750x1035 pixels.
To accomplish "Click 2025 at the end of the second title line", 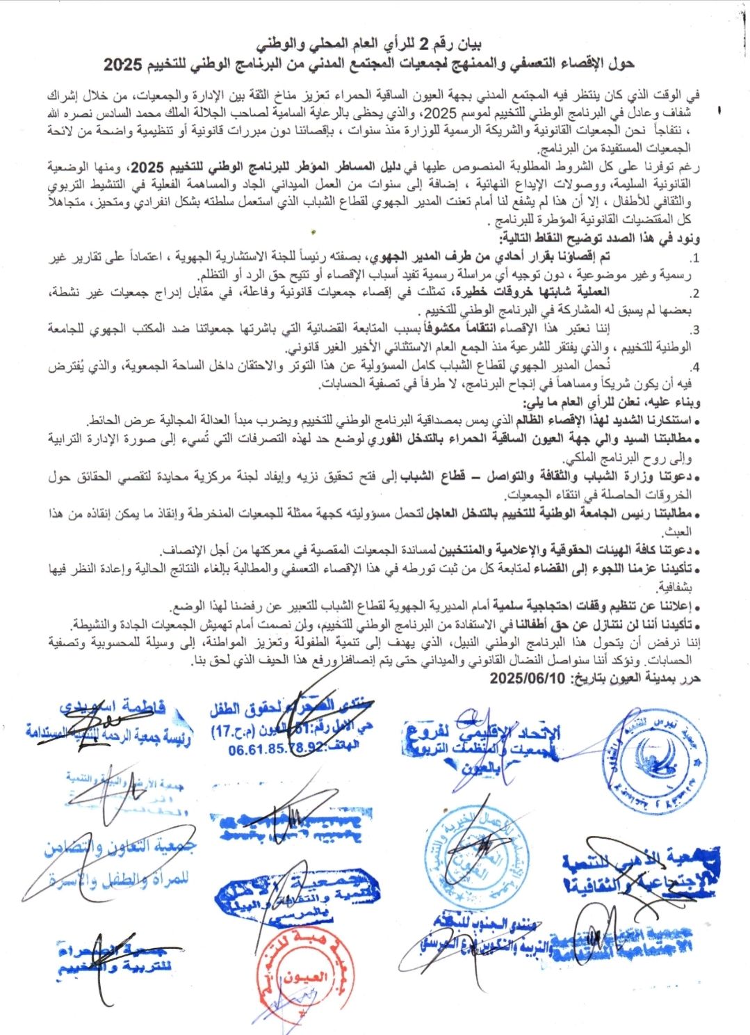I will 122,65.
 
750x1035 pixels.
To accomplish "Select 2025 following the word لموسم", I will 444,114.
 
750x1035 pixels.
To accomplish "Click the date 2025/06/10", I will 528,678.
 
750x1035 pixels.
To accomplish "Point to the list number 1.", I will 694,259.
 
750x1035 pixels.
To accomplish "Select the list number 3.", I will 694,330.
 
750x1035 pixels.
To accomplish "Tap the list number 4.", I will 694,367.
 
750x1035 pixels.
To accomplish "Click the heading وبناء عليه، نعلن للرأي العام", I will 612,403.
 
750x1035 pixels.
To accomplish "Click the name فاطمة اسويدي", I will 113,707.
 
